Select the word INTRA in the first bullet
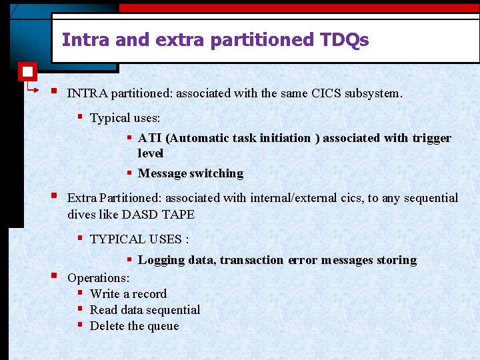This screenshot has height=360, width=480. [x=87, y=93]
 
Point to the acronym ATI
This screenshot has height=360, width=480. [x=150, y=138]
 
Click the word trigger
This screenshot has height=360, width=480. [x=432, y=138]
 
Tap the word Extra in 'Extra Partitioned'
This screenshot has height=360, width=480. [x=81, y=198]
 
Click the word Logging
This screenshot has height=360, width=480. [x=161, y=260]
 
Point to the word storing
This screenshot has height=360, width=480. [x=397, y=260]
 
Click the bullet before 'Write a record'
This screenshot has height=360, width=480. [x=80, y=293]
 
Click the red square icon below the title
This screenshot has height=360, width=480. [x=28, y=71]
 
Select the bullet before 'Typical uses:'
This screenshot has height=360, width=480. [x=80, y=117]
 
